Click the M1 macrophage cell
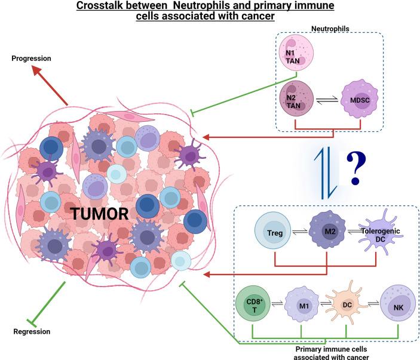(301, 309)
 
